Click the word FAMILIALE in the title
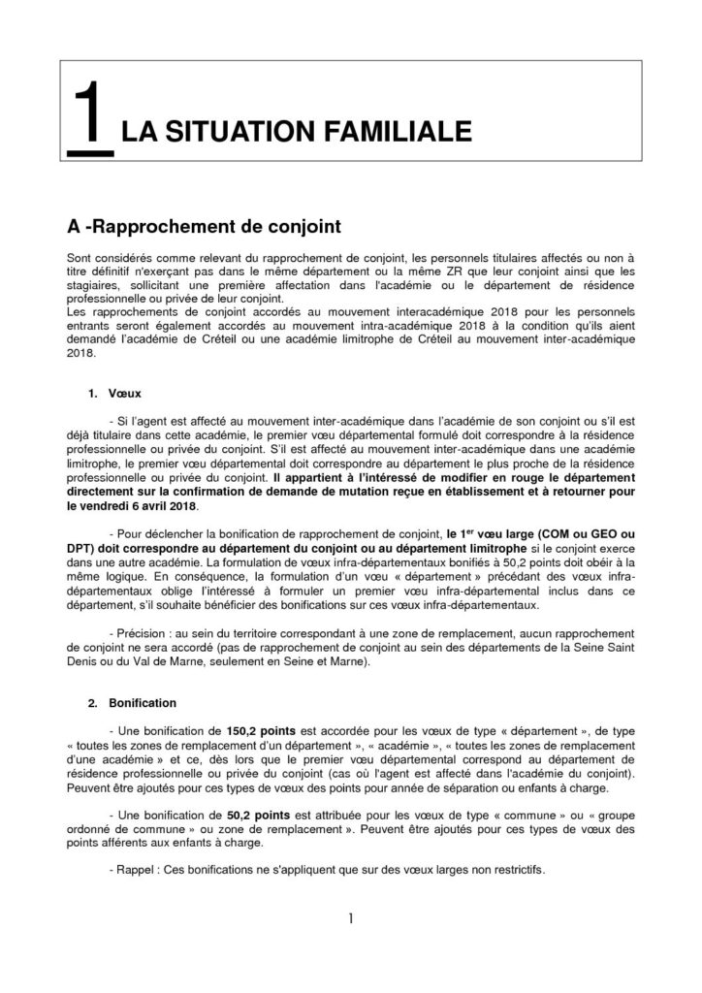[x=406, y=132]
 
